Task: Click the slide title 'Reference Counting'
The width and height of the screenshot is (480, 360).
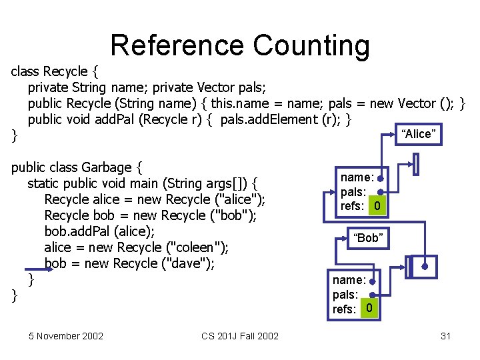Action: pyautogui.click(x=240, y=45)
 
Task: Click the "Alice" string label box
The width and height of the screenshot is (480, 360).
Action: pyautogui.click(x=419, y=134)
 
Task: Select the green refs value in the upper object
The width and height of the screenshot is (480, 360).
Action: pyautogui.click(x=377, y=207)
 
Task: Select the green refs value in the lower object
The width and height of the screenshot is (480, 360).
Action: pyautogui.click(x=369, y=309)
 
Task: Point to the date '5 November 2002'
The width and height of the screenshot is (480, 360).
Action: pyautogui.click(x=66, y=335)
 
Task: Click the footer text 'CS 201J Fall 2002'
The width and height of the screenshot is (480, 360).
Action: pyautogui.click(x=240, y=335)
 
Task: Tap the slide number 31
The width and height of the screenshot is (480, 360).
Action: pyautogui.click(x=446, y=335)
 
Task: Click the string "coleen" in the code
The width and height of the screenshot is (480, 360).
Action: pyautogui.click(x=196, y=247)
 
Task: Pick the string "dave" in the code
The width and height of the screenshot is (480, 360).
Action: pyautogui.click(x=190, y=263)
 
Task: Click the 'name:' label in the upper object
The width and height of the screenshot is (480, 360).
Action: pyautogui.click(x=357, y=177)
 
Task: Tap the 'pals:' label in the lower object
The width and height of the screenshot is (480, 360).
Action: pyautogui.click(x=346, y=295)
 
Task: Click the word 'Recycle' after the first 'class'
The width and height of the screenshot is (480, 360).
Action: pyautogui.click(x=65, y=71)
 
